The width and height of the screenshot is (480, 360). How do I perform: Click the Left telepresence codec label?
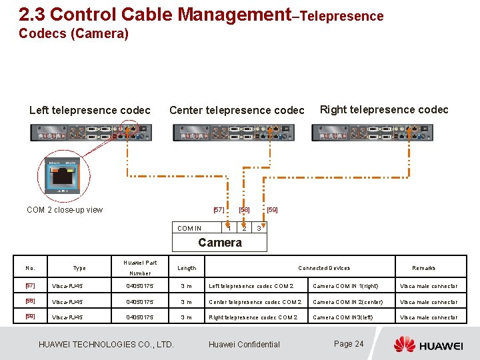[x=90, y=110]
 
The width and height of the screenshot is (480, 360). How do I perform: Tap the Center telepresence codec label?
[x=237, y=110]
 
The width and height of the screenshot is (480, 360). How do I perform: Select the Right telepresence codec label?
[x=384, y=109]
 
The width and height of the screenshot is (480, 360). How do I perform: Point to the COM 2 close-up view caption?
[x=65, y=210]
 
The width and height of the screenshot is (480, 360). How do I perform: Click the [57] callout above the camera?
[x=219, y=210]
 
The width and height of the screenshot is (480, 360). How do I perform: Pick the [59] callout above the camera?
[x=272, y=210]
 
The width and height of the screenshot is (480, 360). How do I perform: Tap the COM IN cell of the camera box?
[x=189, y=229]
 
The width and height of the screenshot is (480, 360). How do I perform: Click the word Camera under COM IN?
[x=220, y=243]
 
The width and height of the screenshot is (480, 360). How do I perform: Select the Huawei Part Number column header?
[x=140, y=267]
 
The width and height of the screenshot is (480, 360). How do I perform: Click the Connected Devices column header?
[x=324, y=268]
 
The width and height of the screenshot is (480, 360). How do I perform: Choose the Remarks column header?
[x=424, y=268]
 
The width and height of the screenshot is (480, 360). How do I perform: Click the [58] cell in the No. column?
[x=30, y=302]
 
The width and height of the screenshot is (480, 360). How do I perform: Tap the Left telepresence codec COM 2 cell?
[x=251, y=287]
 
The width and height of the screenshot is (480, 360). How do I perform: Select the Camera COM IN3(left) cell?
[x=343, y=318]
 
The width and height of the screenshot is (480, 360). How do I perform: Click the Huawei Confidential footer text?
[x=244, y=345]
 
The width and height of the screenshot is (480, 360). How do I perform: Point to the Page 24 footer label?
[x=349, y=344]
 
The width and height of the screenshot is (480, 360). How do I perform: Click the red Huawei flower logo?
[x=404, y=344]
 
